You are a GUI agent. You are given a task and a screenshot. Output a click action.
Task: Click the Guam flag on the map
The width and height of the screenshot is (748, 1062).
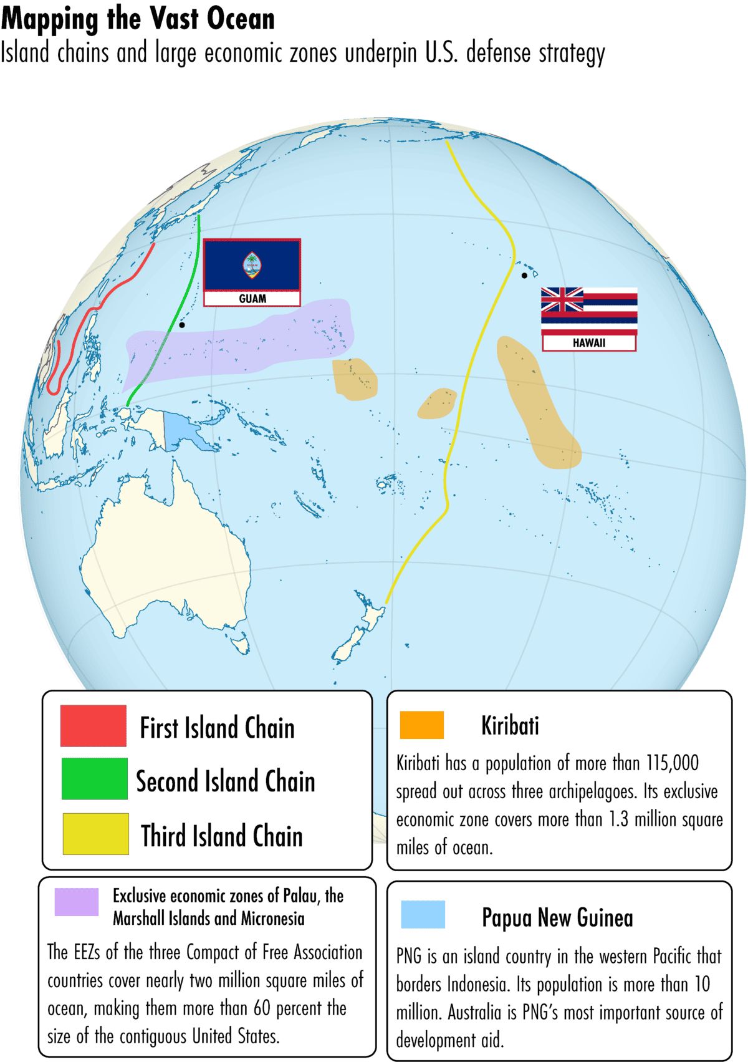pyautogui.click(x=252, y=264)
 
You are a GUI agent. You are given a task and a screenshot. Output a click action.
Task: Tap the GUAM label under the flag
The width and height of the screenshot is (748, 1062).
pyautogui.click(x=252, y=299)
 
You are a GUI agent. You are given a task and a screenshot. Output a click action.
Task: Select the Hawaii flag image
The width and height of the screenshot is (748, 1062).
pyautogui.click(x=589, y=309)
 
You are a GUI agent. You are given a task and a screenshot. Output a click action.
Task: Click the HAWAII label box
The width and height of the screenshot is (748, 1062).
pyautogui.click(x=589, y=342)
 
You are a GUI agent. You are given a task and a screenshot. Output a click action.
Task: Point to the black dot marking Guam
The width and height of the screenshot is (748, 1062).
pyautogui.click(x=182, y=325)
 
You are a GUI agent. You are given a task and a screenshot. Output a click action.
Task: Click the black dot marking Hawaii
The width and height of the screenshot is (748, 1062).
pyautogui.click(x=524, y=275)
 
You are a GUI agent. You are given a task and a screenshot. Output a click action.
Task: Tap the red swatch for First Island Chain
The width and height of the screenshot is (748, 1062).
pyautogui.click(x=93, y=726)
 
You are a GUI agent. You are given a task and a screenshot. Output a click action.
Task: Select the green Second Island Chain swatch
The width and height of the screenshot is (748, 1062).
pyautogui.click(x=95, y=778)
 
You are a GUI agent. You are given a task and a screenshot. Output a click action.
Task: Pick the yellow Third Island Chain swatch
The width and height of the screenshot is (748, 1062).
pyautogui.click(x=95, y=834)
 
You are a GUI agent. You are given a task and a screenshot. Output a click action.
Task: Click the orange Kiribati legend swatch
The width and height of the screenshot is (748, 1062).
pyautogui.click(x=422, y=725)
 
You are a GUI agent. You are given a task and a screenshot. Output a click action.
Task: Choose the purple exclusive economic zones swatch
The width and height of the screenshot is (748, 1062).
pyautogui.click(x=77, y=902)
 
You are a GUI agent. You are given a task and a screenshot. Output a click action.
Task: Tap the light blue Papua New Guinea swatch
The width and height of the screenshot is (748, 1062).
pyautogui.click(x=423, y=915)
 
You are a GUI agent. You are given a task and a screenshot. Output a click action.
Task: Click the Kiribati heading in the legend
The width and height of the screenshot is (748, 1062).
pyautogui.click(x=510, y=726)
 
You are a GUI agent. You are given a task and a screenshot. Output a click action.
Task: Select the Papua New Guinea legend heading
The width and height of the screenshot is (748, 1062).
pyautogui.click(x=557, y=918)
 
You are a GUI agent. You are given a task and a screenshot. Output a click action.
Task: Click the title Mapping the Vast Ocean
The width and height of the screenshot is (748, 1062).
pyautogui.click(x=138, y=19)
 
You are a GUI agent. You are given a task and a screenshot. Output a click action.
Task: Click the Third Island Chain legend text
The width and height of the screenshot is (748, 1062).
pyautogui.click(x=221, y=836)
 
